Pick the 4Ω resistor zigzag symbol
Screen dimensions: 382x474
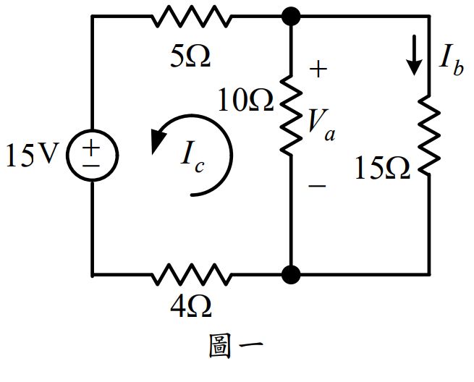tap(191, 275)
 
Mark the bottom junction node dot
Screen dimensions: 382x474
tap(290, 275)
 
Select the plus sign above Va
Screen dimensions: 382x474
tap(318, 69)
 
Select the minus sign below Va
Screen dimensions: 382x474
tap(317, 186)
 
